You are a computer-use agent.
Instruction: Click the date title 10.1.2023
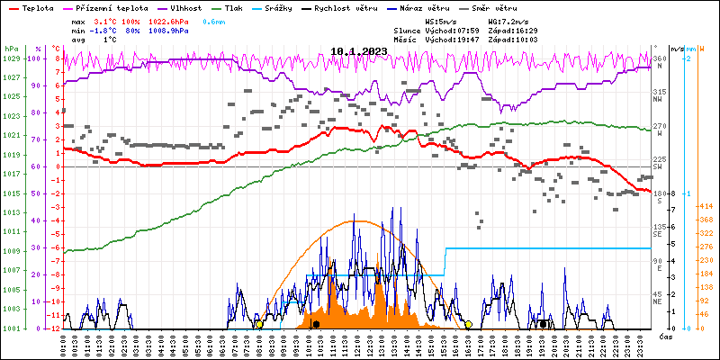pyautogui.click(x=358, y=51)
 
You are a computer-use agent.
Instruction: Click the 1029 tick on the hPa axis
pyautogui.click(x=11, y=58)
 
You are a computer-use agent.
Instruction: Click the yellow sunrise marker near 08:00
pyautogui.click(x=259, y=324)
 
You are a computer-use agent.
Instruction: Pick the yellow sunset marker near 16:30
pyautogui.click(x=468, y=324)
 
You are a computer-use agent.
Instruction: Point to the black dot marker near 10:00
pyautogui.click(x=316, y=324)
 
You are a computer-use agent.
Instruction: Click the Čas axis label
pyautogui.click(x=667, y=337)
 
